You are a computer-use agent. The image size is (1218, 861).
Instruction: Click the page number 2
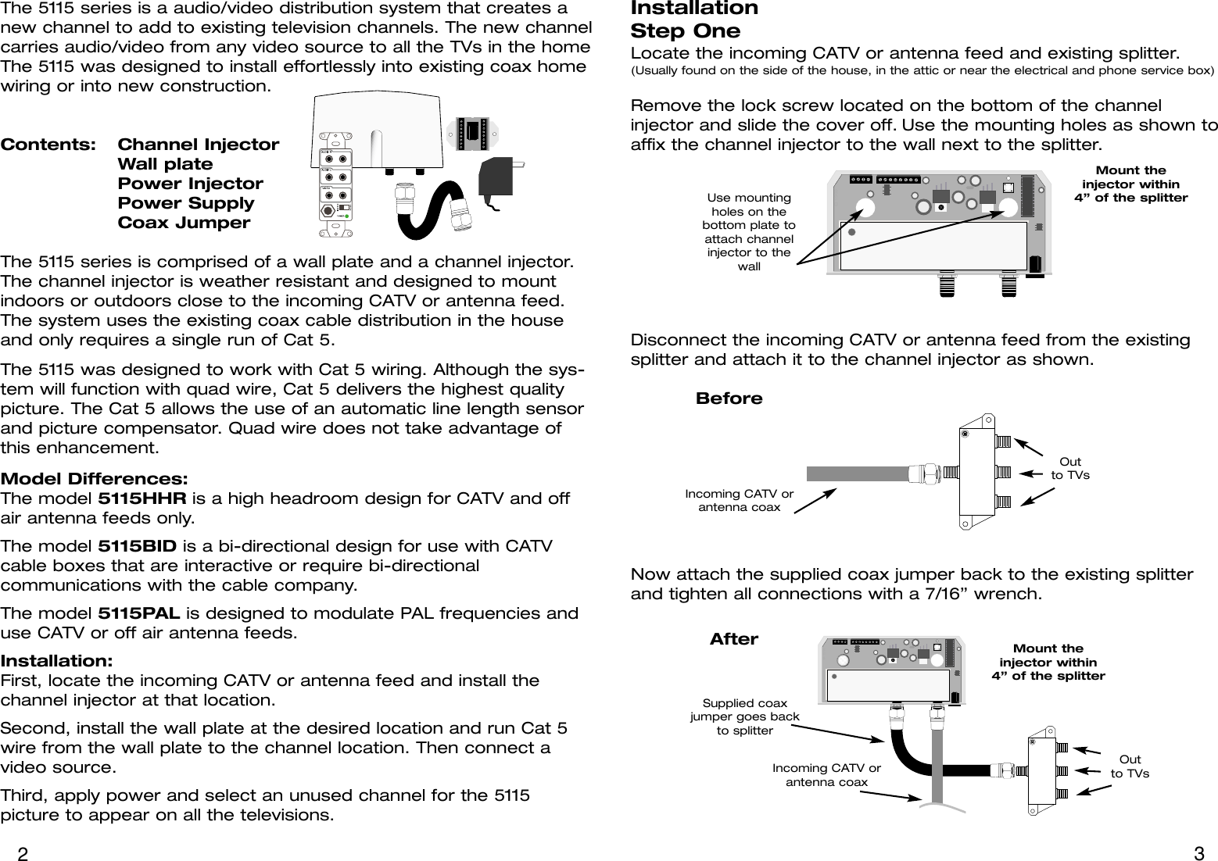23,853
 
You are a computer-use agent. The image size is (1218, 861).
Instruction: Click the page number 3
1199,853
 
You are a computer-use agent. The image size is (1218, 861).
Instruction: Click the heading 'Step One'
685,32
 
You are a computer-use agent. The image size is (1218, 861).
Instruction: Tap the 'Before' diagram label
729,398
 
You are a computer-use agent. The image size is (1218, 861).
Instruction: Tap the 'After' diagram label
733,639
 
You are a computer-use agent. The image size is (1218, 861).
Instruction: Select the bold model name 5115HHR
140,498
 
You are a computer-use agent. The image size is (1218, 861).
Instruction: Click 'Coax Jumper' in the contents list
184,223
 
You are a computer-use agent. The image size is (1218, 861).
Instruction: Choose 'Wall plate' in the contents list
165,164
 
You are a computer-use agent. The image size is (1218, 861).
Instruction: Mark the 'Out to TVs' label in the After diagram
1130,766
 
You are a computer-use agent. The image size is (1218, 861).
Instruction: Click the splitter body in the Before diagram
976,471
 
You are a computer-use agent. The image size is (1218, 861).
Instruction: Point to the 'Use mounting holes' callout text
748,232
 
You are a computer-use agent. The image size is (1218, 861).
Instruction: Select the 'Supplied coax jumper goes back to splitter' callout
744,717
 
